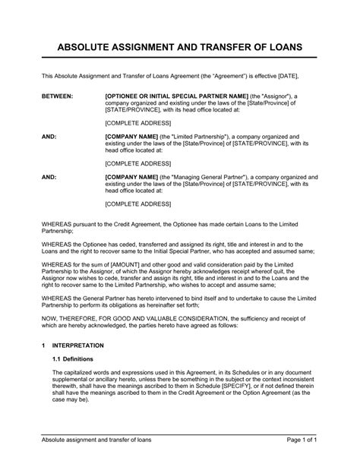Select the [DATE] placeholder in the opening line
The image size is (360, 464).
[285, 77]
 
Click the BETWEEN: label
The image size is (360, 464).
[57, 97]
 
